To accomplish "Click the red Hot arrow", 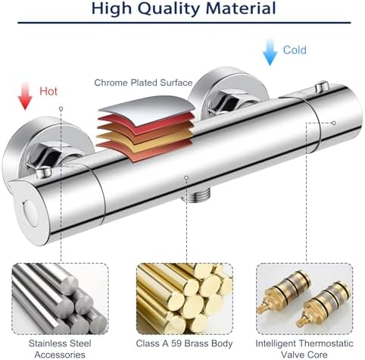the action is [x=25, y=96].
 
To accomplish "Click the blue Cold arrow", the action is [x=270, y=52].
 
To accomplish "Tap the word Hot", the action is [x=48, y=91].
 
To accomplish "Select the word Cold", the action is [x=295, y=50].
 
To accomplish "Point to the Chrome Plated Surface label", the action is [x=143, y=83].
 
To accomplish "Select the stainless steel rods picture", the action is [x=61, y=299].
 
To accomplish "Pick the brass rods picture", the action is [x=185, y=299].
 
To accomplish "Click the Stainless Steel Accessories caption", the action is [x=60, y=349].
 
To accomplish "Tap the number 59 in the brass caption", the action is [x=176, y=343].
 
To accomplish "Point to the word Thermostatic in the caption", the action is [x=326, y=343].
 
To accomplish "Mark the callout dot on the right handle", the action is [x=334, y=123].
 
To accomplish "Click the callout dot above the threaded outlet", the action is [x=186, y=178].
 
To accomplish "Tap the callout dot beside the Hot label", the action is [x=61, y=108].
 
